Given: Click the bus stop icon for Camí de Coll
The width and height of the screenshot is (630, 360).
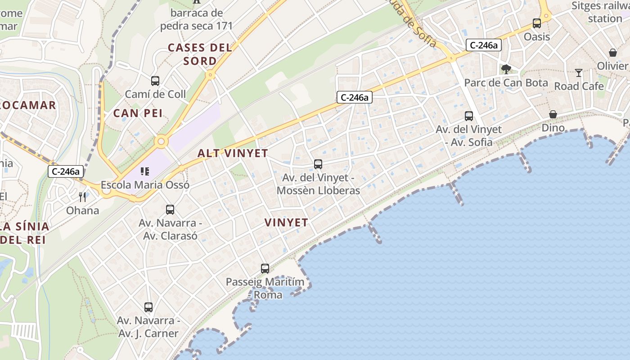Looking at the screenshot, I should click(x=155, y=81).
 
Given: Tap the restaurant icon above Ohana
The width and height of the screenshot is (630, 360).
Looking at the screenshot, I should click(x=82, y=197).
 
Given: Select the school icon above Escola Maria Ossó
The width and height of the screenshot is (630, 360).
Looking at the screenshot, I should click(x=144, y=171).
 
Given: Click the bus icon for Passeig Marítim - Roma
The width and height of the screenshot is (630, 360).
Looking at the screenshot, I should click(x=265, y=269).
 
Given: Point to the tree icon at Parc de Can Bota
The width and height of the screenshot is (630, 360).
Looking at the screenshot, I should click(x=506, y=69).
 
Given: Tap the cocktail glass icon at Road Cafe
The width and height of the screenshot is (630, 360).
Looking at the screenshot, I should click(x=579, y=72).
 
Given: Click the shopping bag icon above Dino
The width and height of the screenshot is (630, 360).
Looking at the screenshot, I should click(x=553, y=114).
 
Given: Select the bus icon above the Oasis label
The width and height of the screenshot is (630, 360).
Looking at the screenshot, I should click(x=536, y=23).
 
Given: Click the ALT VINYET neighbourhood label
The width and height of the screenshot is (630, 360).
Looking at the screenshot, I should click(x=233, y=153).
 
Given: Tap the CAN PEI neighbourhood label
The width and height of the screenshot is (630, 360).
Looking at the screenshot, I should click(x=138, y=113).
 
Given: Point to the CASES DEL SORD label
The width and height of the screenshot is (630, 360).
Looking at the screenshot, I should click(x=200, y=54).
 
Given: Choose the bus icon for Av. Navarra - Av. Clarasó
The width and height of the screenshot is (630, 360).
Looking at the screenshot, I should click(x=170, y=209).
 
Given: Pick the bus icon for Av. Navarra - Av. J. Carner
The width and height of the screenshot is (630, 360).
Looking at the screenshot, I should click(x=148, y=307).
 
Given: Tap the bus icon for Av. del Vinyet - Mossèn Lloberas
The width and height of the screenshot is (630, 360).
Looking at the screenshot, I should click(x=318, y=164).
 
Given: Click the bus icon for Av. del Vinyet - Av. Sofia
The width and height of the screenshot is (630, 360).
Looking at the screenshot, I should click(x=468, y=116).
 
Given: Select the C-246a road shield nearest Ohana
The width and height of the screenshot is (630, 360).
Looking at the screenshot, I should click(x=66, y=171).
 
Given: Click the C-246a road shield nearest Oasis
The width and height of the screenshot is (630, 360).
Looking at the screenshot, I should click(x=483, y=45).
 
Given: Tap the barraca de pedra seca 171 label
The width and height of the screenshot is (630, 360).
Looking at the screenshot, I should click(x=197, y=19).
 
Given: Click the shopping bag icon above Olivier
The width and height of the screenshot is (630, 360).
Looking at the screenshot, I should click(x=612, y=53).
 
